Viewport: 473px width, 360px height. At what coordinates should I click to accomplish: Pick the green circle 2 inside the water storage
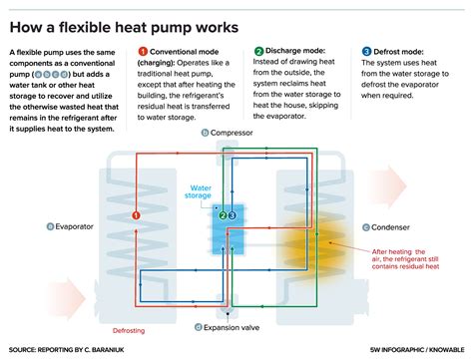(222, 214)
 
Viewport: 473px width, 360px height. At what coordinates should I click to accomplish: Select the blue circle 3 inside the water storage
(233, 214)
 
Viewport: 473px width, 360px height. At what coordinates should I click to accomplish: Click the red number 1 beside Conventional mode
(143, 51)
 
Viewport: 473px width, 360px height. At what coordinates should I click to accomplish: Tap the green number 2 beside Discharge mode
(258, 51)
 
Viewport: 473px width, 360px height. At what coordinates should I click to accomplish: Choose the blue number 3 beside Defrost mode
(366, 51)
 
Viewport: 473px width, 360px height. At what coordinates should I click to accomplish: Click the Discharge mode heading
(299, 51)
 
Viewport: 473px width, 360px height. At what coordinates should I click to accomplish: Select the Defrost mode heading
(404, 51)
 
